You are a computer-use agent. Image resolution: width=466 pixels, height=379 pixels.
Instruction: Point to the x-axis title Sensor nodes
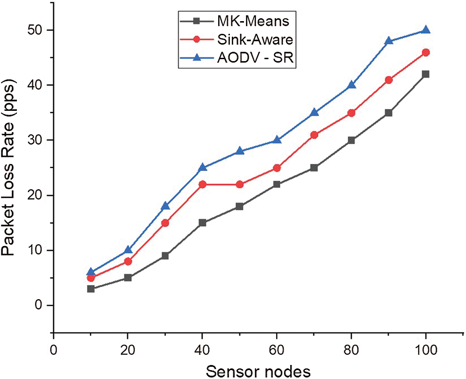[x=258, y=371]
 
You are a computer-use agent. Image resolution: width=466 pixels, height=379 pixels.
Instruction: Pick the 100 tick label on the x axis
[x=426, y=350]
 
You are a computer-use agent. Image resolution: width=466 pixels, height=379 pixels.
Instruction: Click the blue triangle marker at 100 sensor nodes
[x=426, y=30]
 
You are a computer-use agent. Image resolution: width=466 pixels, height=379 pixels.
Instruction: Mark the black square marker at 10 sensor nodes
[x=91, y=289]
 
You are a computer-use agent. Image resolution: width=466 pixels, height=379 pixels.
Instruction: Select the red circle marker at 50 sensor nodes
[x=240, y=184]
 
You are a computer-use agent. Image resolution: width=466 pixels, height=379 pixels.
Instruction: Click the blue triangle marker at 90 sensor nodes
[x=388, y=41]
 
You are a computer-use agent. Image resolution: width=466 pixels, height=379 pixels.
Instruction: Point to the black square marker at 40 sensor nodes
[x=203, y=223]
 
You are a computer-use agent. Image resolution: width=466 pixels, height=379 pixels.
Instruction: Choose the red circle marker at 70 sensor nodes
[x=314, y=135]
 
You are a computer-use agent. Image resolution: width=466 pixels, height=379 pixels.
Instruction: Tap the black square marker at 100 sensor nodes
[x=426, y=74]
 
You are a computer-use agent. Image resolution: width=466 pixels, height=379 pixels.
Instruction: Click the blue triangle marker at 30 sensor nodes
[x=166, y=206]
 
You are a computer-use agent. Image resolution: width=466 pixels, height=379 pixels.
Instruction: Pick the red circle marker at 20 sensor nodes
[x=128, y=261]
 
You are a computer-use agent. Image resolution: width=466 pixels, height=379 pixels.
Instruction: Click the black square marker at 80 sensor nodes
[x=351, y=140]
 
